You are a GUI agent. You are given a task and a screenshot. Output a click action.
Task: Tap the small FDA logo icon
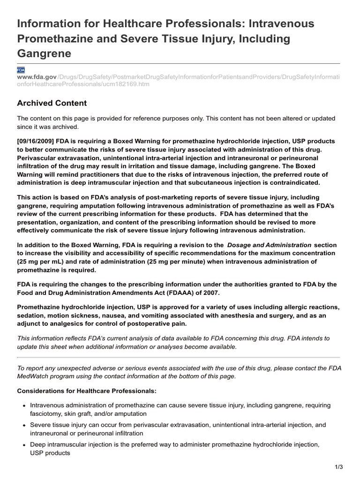(x=21, y=69)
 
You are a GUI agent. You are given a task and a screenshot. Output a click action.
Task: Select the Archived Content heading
(x=52, y=103)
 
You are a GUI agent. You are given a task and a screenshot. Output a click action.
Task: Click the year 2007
(x=210, y=292)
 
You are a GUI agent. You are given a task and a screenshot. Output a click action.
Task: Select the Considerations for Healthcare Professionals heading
(x=87, y=390)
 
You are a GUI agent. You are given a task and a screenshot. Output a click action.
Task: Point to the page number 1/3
(x=339, y=467)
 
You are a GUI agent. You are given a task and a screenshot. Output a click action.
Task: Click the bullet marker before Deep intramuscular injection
(x=23, y=445)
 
